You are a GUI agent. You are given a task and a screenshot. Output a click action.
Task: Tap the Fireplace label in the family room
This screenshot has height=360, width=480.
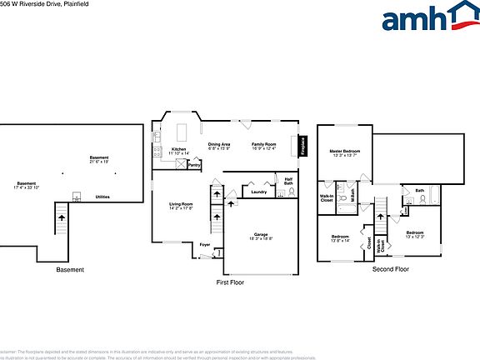click(302, 145)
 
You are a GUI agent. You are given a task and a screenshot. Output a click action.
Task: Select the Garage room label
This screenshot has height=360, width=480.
click(260, 234)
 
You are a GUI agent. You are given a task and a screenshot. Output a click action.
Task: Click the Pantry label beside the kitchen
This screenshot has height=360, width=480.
click(194, 165)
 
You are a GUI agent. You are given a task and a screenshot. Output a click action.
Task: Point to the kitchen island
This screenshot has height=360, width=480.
click(181, 132)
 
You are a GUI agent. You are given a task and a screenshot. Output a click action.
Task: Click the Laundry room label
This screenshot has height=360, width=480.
click(258, 192)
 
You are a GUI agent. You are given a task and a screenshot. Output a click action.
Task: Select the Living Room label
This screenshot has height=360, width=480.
click(181, 204)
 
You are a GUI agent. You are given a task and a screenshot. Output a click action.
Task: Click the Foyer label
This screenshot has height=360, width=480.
click(204, 244)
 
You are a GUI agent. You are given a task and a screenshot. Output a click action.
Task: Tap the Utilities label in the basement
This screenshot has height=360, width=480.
click(102, 197)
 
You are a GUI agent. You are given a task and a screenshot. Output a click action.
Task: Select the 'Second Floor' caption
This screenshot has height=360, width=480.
click(391, 269)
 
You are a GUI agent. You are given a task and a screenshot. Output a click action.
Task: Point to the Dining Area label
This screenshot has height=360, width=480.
click(219, 144)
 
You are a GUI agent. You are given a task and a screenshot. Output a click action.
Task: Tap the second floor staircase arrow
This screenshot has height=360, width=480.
click(382, 218)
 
